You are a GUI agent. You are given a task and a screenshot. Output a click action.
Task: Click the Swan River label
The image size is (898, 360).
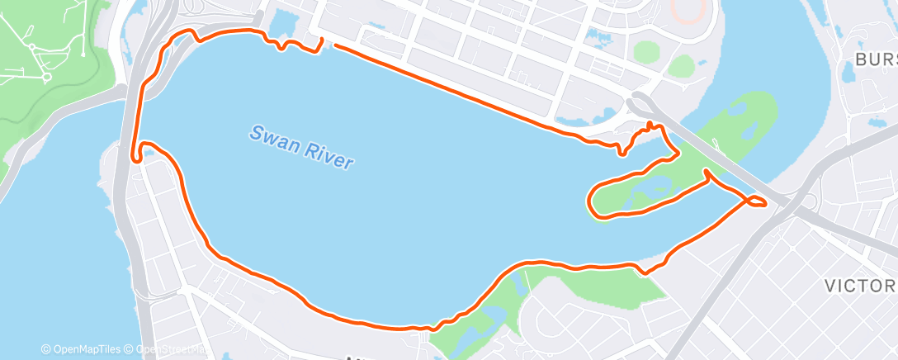pyautogui.click(x=303, y=147)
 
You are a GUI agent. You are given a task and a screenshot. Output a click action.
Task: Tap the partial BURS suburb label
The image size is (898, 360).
pyautogui.click(x=876, y=59)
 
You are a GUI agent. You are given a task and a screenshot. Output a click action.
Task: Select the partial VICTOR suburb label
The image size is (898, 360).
pyautogui.click(x=861, y=286)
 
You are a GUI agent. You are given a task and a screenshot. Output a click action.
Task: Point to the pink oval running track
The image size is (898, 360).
pyautogui.click(x=684, y=10)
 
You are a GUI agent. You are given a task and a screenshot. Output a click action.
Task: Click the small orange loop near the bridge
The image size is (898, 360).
pyautogui.click(x=756, y=201)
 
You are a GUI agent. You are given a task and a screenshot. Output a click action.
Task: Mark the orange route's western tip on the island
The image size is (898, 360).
pyautogui.click(x=590, y=201)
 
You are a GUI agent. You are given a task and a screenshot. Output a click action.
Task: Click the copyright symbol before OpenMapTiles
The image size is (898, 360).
pyautogui.click(x=45, y=349)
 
